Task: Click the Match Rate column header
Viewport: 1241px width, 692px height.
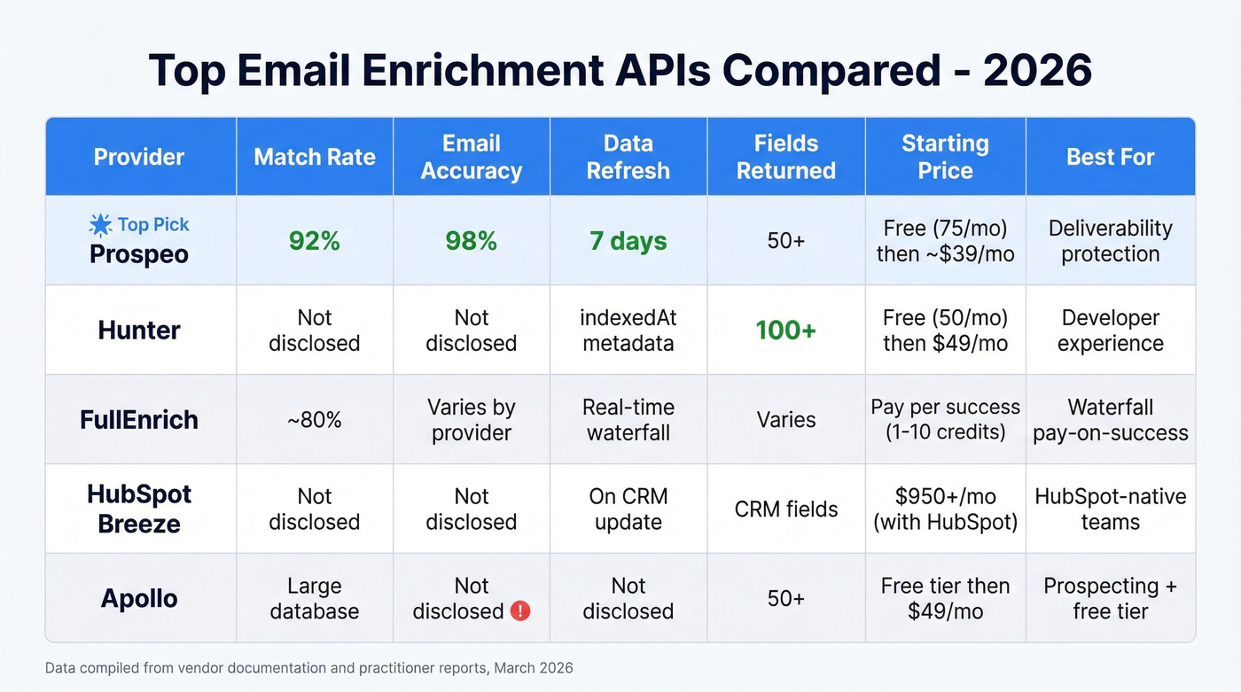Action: tap(315, 157)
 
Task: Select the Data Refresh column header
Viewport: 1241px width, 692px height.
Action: tap(628, 157)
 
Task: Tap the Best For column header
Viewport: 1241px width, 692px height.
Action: tap(1110, 157)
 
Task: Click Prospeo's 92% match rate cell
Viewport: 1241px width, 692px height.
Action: tap(315, 241)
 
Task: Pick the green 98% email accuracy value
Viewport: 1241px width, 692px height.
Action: tap(471, 241)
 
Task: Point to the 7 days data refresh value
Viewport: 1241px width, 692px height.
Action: tap(628, 241)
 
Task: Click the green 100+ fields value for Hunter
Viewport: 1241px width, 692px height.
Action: tap(785, 330)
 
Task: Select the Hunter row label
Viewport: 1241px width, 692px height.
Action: tap(139, 330)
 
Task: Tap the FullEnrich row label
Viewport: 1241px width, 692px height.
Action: tap(139, 419)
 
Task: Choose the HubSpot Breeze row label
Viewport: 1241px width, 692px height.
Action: tap(139, 509)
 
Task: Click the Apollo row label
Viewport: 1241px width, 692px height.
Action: tap(139, 598)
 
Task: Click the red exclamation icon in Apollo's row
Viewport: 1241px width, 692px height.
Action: tap(520, 611)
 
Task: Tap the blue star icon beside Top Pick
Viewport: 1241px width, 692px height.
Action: tap(101, 225)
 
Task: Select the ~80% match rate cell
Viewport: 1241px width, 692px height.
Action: tap(315, 420)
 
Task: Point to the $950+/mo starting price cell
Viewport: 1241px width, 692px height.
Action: tap(945, 509)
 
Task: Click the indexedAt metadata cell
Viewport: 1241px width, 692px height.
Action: tap(628, 330)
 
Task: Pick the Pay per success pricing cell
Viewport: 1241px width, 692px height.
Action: tap(945, 420)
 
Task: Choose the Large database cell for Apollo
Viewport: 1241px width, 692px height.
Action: tap(315, 598)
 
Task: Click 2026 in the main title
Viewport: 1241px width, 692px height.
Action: tap(1036, 71)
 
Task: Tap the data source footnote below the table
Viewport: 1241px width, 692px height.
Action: tap(308, 668)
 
